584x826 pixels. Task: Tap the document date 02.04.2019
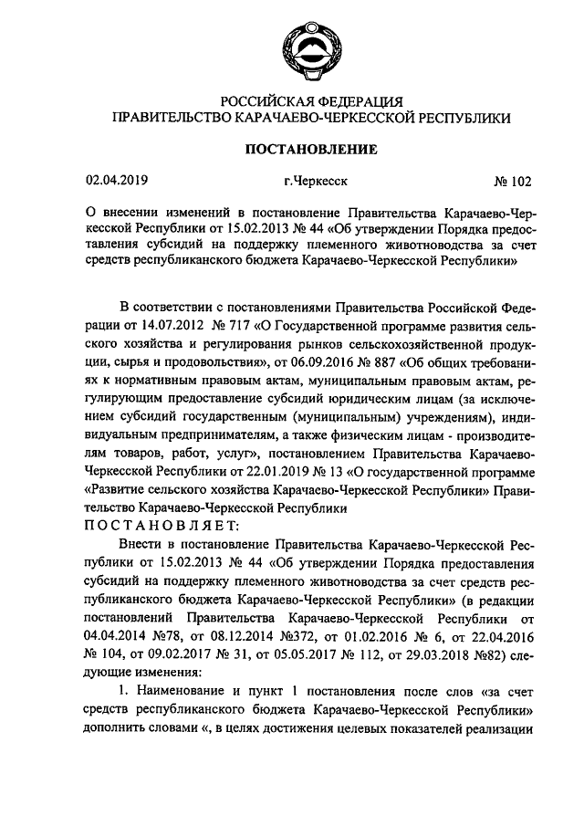pyautogui.click(x=118, y=180)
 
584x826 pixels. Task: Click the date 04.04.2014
pyautogui.click(x=118, y=624)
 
